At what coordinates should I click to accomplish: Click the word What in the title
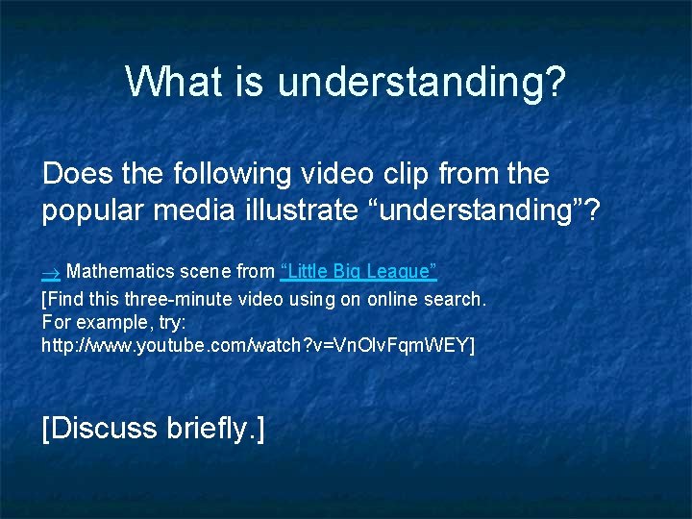(x=169, y=83)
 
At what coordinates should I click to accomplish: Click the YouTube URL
(x=258, y=343)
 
